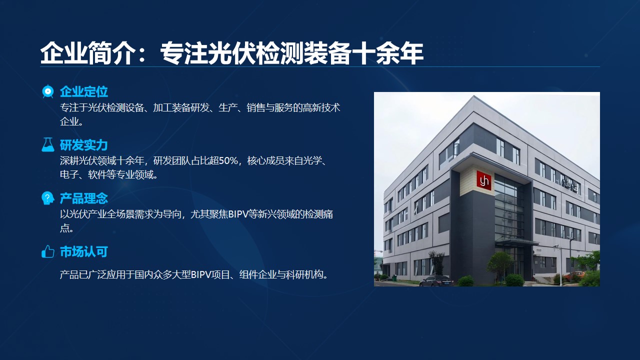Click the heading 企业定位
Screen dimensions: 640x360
click(83, 91)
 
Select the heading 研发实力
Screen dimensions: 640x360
click(83, 145)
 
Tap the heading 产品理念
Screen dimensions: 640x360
click(83, 198)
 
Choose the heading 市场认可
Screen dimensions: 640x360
click(83, 251)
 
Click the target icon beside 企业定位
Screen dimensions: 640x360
click(47, 91)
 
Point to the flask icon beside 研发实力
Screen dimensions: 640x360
click(47, 144)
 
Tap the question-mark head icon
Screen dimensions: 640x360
click(47, 198)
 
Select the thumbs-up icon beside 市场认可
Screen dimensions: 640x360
click(47, 251)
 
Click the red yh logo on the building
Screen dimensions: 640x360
click(484, 180)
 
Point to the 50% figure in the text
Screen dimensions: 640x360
click(228, 161)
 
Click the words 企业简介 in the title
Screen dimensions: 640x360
click(87, 53)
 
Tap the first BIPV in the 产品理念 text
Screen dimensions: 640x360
click(238, 214)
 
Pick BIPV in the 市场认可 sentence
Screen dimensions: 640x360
click(201, 275)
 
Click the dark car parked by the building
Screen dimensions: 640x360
click(436, 281)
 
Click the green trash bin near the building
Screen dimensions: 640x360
click(394, 277)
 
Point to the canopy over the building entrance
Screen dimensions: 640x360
click(516, 242)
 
